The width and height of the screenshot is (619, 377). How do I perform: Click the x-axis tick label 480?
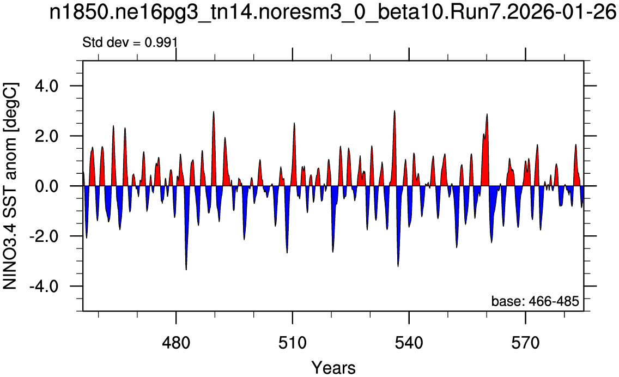click(x=176, y=343)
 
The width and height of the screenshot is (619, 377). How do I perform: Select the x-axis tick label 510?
click(x=293, y=343)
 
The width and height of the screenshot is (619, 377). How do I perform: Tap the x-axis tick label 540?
click(x=409, y=343)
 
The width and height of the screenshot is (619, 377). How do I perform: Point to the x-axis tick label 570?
click(x=525, y=343)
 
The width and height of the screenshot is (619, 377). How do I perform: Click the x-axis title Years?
click(x=333, y=368)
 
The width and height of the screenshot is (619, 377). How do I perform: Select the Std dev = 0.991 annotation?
click(x=130, y=42)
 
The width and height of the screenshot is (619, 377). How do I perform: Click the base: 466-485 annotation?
click(x=535, y=302)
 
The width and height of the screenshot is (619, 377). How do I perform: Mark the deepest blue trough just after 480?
click(x=186, y=269)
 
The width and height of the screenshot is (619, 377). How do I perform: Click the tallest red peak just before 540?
click(x=395, y=111)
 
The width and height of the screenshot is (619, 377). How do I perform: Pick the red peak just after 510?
click(x=294, y=123)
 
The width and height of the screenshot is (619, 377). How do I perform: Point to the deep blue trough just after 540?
click(x=398, y=266)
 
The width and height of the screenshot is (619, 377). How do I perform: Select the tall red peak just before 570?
click(x=487, y=114)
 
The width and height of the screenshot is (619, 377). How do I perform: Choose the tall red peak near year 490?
click(x=214, y=112)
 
